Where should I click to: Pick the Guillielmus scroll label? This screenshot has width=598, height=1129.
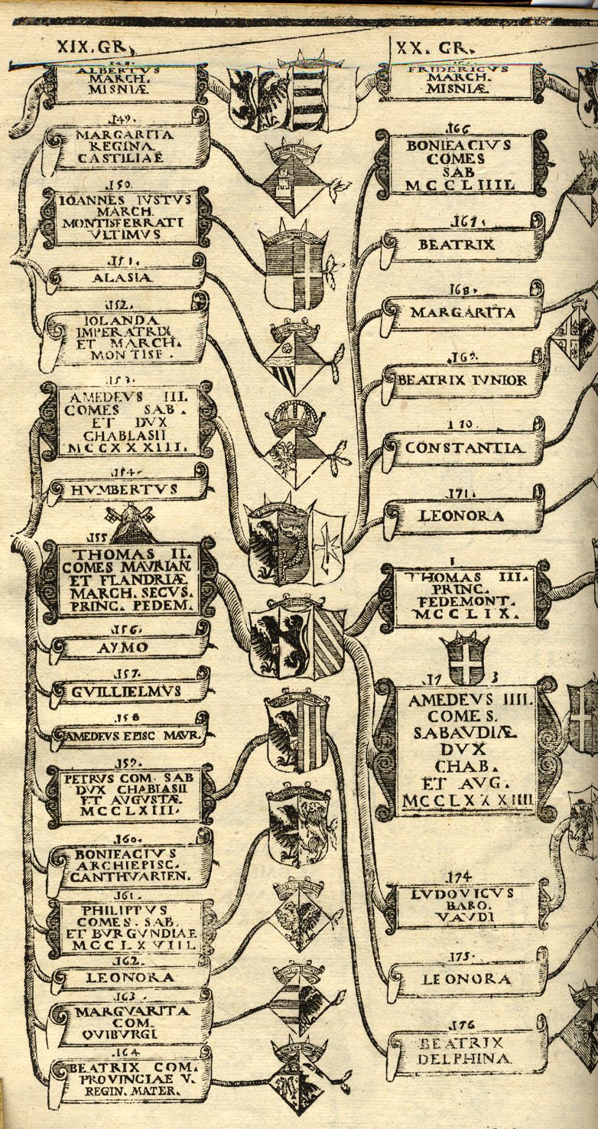click(128, 691)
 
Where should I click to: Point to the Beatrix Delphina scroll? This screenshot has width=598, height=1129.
click(466, 1053)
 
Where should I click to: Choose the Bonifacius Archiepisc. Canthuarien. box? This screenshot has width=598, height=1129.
click(127, 865)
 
